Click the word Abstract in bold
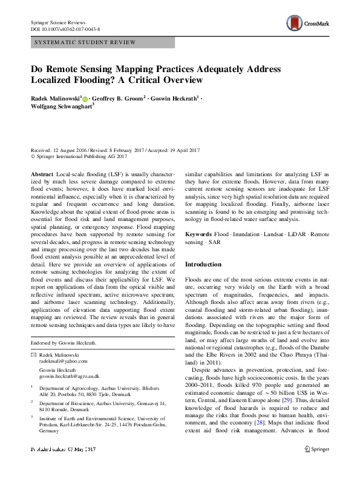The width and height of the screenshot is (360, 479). (x=43, y=173)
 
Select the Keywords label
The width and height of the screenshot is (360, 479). (x=198, y=234)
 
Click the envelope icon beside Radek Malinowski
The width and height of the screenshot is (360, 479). (x=33, y=354)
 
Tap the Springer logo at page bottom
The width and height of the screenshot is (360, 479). (x=318, y=467)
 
